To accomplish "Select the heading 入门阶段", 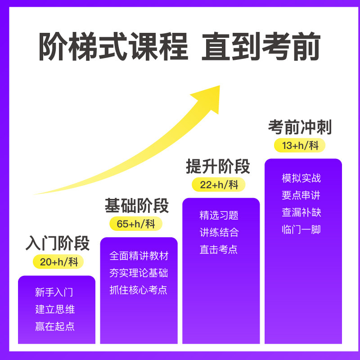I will (x=57, y=243).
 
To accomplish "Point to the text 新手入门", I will (x=54, y=292).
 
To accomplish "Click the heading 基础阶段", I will (x=136, y=205).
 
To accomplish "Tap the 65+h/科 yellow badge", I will (x=136, y=224).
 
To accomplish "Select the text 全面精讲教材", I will (x=139, y=256).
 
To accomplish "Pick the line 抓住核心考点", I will (x=138, y=290).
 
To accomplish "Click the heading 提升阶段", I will (x=218, y=166).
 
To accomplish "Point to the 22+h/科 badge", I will (x=219, y=184).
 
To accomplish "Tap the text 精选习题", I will (x=219, y=215).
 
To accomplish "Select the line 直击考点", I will (x=219, y=249).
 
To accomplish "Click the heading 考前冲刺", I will (x=300, y=127).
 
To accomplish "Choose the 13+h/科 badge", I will (x=300, y=145).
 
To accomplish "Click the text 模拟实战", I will (x=301, y=178).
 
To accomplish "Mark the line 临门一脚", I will (x=301, y=229).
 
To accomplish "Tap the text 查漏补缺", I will (x=301, y=212).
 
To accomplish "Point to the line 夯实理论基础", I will (x=138, y=273).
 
